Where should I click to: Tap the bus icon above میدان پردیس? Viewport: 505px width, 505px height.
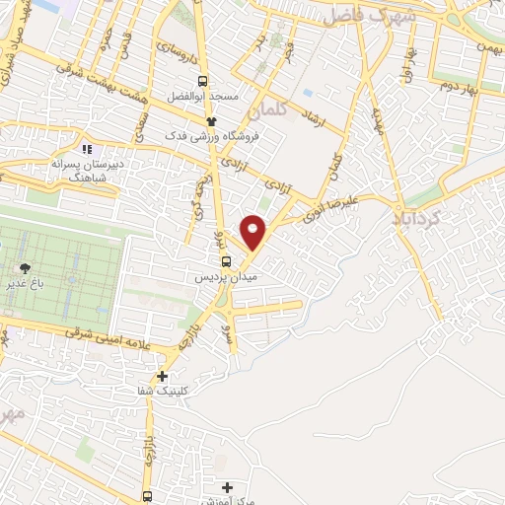(x=228, y=261)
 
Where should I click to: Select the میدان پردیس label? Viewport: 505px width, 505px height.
(x=227, y=278)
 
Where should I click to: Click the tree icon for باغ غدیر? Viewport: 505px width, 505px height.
(x=25, y=268)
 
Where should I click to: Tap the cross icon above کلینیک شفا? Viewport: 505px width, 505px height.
(x=162, y=376)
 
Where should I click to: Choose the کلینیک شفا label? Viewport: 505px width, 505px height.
(x=163, y=392)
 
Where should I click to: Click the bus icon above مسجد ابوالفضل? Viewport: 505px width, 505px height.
(x=202, y=82)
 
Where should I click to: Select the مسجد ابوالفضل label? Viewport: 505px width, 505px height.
(x=202, y=98)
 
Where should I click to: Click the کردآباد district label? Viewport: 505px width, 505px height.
(x=421, y=212)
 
